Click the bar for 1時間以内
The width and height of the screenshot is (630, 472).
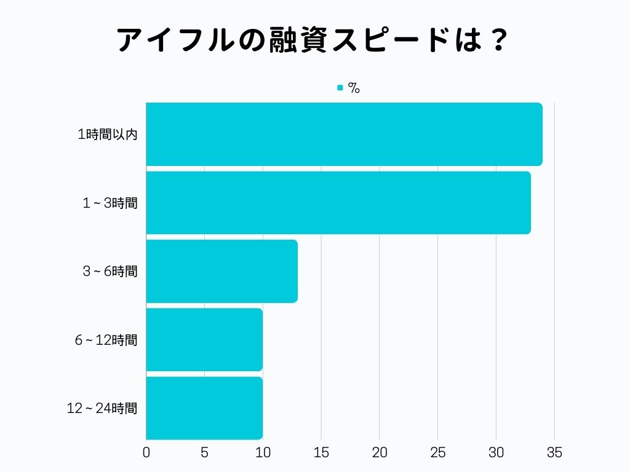point(344,135)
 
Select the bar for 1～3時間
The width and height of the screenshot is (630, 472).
point(338,203)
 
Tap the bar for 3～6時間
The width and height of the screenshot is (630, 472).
point(221,271)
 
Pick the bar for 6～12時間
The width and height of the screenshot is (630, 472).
point(204,339)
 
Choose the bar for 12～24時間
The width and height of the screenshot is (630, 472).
point(204,407)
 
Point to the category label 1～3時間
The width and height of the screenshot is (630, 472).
point(110,203)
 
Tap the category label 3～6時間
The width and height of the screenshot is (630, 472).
point(110,272)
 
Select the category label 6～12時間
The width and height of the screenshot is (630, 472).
point(106,340)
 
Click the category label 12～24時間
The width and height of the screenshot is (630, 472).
point(102,408)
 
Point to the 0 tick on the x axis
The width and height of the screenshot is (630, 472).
point(146,453)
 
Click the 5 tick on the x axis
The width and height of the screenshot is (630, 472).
point(204,453)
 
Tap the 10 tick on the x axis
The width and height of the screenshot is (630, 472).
point(263,453)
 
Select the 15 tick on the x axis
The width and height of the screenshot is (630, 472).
point(321,453)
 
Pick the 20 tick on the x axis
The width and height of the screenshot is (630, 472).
point(380,453)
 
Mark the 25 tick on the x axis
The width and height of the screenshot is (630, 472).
point(438,453)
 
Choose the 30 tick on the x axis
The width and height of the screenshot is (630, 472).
point(496,453)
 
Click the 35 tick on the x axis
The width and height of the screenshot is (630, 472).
point(554,453)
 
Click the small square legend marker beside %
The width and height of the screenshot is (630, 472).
point(340,88)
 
